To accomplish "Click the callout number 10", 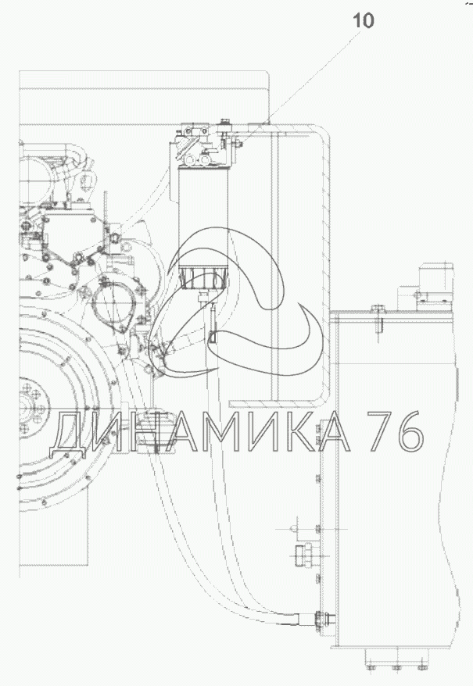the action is point(363,20).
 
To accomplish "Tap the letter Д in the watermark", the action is point(72,432).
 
